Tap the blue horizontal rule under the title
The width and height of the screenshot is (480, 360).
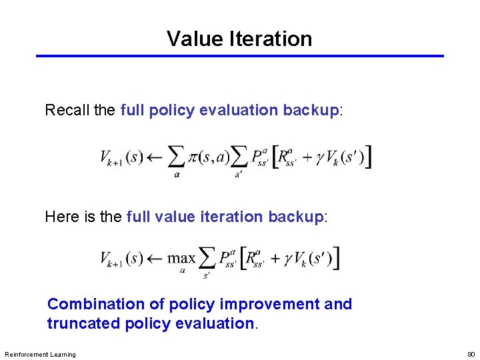(x=240, y=56)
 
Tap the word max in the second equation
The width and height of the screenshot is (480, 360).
(x=181, y=258)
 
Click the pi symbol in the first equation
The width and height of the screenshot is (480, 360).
(x=194, y=158)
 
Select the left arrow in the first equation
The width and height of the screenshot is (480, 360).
(x=155, y=157)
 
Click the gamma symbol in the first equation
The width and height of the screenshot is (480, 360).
(x=321, y=159)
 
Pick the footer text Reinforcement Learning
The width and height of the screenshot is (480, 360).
(x=40, y=354)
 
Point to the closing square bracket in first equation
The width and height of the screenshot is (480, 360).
(x=368, y=157)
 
